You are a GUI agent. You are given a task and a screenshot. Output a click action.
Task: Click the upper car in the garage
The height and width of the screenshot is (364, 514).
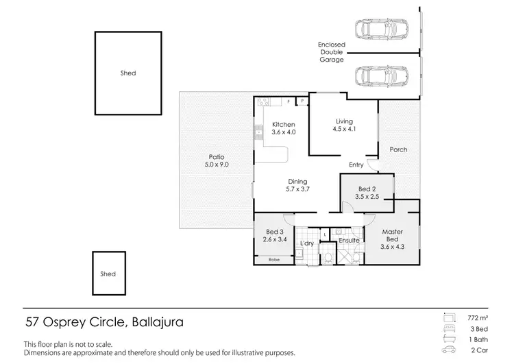click(x=382, y=29)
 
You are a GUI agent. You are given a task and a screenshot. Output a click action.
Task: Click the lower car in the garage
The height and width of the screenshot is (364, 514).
click(x=382, y=76)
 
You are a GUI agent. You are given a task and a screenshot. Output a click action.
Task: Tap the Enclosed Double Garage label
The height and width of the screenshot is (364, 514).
click(x=332, y=53)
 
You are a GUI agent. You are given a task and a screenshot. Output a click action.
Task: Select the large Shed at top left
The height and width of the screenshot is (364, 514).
click(x=127, y=73)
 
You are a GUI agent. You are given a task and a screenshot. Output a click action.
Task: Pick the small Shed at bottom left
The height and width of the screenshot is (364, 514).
click(x=108, y=274)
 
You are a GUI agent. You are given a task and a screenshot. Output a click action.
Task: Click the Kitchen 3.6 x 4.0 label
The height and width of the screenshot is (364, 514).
click(x=284, y=128)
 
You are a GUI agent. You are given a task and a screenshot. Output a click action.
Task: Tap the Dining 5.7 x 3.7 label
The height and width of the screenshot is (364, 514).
click(x=297, y=185)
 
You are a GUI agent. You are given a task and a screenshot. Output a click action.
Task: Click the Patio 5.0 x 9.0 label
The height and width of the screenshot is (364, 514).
click(x=216, y=160)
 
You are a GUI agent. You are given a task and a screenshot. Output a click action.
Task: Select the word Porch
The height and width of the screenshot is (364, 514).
click(x=398, y=149)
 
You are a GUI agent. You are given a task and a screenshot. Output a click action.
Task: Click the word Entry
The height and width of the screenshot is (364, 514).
click(x=356, y=165)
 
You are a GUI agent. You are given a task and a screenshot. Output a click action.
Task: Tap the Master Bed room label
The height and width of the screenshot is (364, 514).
click(x=393, y=235)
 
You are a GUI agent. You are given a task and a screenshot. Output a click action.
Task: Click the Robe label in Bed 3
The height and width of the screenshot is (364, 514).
click(x=274, y=260)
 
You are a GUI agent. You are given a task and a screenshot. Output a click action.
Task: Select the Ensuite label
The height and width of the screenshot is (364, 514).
click(x=349, y=241)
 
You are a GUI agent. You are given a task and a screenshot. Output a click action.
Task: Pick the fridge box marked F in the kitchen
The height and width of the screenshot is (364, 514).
click(x=289, y=101)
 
